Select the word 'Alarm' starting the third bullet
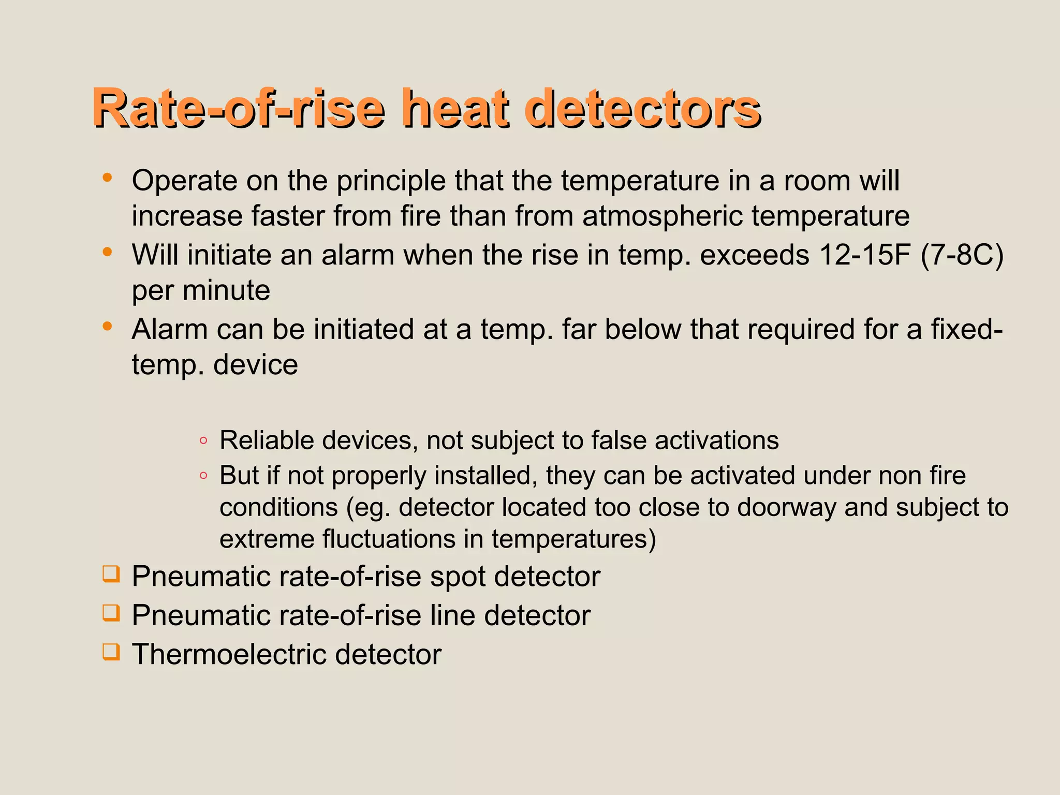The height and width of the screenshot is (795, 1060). click(x=169, y=330)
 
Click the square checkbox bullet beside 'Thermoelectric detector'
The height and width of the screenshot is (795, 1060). click(x=111, y=651)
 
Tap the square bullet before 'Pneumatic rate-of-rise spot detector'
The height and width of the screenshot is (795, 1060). click(x=111, y=573)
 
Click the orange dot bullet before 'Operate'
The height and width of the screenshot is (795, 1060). click(x=107, y=178)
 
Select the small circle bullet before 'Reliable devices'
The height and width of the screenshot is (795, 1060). click(x=203, y=441)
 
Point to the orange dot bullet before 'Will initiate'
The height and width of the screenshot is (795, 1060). click(x=107, y=252)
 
